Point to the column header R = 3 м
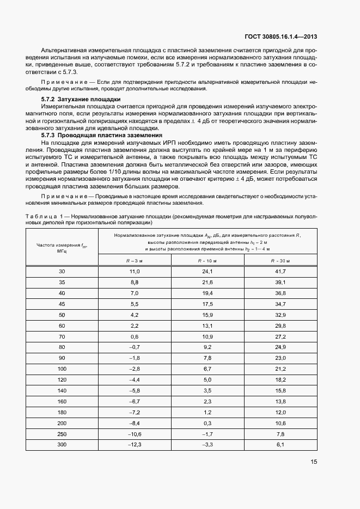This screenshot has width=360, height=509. pos(135,261)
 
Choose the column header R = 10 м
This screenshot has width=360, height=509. pos(208,261)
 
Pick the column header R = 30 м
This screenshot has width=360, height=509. pos(280,261)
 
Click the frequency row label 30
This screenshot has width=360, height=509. pos(62,271)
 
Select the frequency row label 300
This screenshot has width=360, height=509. pos(62,445)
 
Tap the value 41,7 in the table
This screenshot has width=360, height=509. pos(280,271)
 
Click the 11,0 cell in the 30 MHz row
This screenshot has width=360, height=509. pos(135,271)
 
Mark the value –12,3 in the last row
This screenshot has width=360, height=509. pos(135,445)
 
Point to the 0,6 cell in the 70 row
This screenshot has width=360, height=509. pos(135,336)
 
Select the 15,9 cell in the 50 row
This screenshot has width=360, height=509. pos(208,315)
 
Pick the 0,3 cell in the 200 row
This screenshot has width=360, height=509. pos(208,424)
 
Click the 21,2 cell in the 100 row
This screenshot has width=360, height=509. pos(280,369)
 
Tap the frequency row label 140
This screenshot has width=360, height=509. pos(62,391)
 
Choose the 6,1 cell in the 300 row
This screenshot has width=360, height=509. pos(280,445)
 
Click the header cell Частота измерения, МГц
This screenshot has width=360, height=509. pos(62,248)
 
